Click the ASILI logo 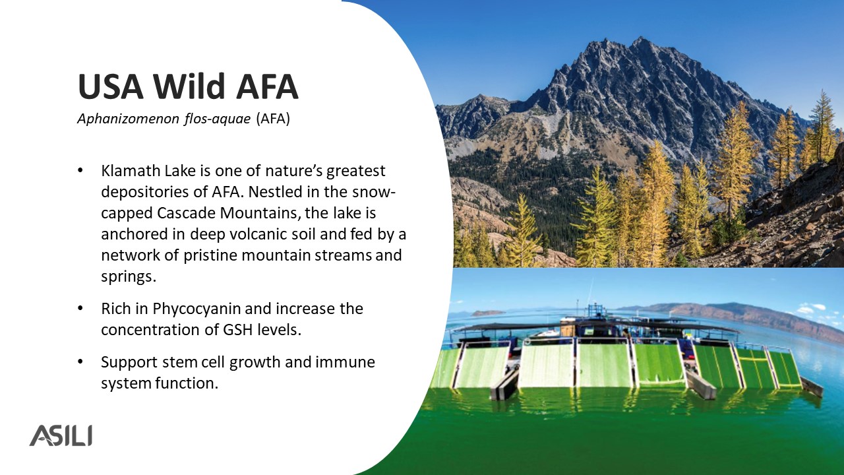click(61, 435)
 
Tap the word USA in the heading click(111, 86)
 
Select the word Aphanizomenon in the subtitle click(128, 119)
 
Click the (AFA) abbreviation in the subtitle click(273, 119)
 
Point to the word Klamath click(131, 171)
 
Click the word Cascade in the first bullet click(186, 213)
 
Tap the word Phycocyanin click(196, 309)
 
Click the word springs click(129, 277)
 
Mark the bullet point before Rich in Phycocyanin click(80, 308)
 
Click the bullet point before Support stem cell click(80, 362)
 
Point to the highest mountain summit click(640, 38)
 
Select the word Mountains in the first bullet click(260, 213)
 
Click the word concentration click(150, 330)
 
